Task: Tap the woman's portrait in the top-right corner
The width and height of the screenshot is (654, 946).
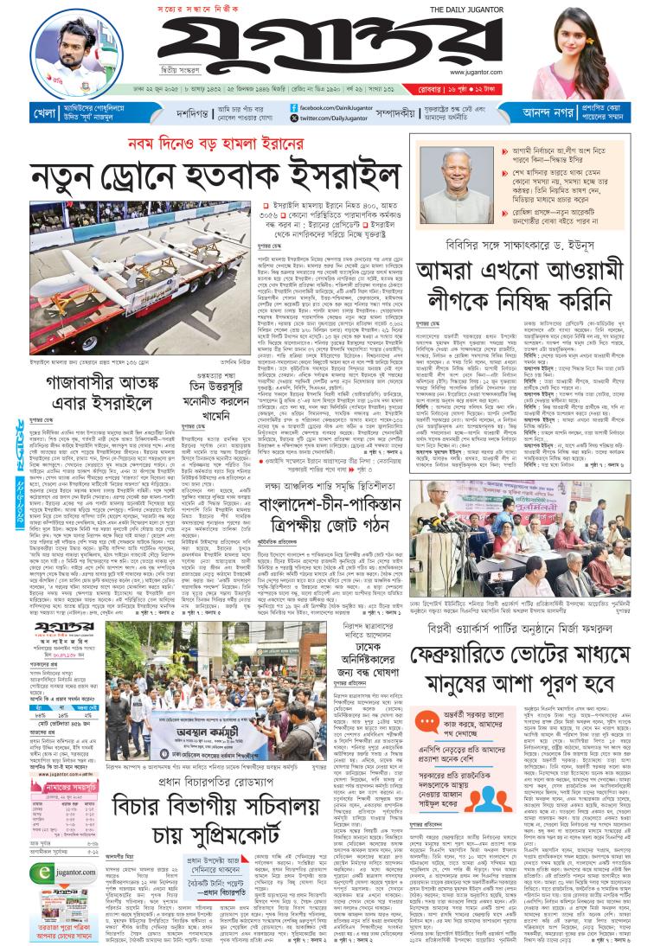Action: [585, 52]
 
